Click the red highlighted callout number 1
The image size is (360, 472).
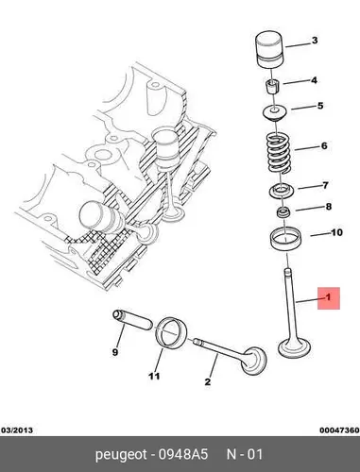tap(329, 297)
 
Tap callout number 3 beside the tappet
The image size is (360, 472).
tap(315, 41)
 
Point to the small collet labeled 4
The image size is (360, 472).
tap(272, 86)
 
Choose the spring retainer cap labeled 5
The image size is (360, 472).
tap(274, 112)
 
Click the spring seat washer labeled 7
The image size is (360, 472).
tap(281, 192)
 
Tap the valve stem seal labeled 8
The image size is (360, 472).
tap(283, 212)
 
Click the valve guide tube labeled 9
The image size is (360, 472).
tap(132, 320)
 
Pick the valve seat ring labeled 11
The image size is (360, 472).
tap(172, 334)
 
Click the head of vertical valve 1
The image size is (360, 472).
tap(295, 349)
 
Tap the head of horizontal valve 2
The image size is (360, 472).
tap(254, 362)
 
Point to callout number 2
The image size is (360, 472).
tap(208, 382)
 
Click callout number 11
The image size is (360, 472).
tap(154, 376)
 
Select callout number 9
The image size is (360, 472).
tap(115, 352)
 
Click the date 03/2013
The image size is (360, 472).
tap(17, 430)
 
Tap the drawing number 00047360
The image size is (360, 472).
tap(339, 430)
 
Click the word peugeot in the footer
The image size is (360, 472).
tap(121, 455)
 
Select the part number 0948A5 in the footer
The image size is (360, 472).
tap(183, 454)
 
